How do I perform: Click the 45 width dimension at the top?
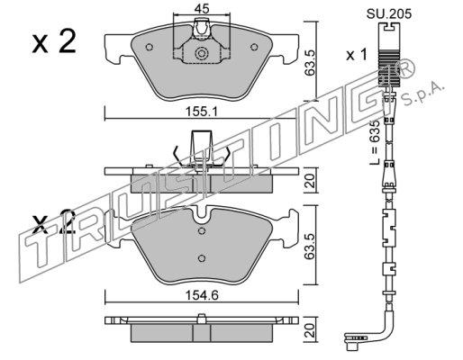pyautogui.click(x=201, y=9)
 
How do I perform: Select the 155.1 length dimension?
pyautogui.click(x=201, y=112)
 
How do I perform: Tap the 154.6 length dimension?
pyautogui.click(x=202, y=295)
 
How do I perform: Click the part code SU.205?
pyautogui.click(x=389, y=13)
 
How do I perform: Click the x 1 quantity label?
pyautogui.click(x=357, y=55)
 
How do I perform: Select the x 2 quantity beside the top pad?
pyautogui.click(x=54, y=42)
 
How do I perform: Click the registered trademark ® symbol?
pyautogui.click(x=406, y=68)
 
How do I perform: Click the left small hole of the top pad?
pyautogui.click(x=150, y=47)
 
